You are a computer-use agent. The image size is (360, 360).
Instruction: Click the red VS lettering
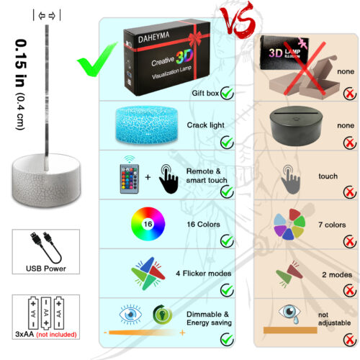[238, 20]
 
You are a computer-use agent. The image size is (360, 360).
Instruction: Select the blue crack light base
[147, 125]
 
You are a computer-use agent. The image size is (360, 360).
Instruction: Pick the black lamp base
[296, 126]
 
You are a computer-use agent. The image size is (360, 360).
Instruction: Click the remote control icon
[130, 179]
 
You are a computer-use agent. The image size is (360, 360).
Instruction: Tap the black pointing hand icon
[168, 179]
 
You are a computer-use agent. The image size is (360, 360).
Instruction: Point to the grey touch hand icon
[290, 179]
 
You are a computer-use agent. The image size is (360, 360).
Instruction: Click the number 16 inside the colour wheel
[148, 224]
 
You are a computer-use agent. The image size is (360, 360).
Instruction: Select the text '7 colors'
[332, 225]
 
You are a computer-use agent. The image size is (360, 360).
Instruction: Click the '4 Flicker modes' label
[204, 274]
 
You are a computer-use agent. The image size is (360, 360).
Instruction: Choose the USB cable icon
[46, 247]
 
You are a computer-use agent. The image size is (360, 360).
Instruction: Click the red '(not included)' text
[56, 335]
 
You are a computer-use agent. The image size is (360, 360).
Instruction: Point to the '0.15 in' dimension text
[21, 63]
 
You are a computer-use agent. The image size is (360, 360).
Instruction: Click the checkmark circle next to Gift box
[227, 93]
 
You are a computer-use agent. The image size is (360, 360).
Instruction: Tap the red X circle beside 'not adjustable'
[350, 340]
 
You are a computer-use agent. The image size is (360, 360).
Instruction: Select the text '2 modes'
[337, 275]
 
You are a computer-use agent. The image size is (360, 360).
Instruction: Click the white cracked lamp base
[46, 180]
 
